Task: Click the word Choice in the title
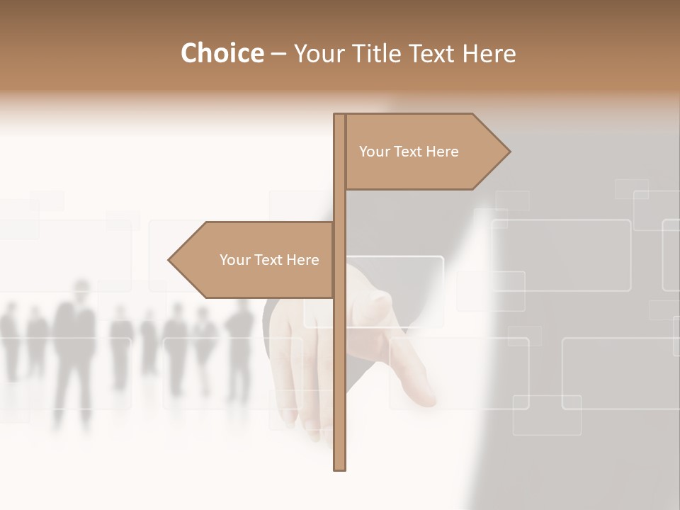(x=222, y=53)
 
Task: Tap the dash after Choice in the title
(x=278, y=54)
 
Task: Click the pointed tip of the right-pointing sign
(x=509, y=151)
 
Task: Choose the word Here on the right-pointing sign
(x=443, y=152)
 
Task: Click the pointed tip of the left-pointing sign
(x=169, y=260)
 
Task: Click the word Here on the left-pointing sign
(x=303, y=260)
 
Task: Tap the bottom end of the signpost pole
(x=339, y=468)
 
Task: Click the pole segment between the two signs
(x=339, y=206)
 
